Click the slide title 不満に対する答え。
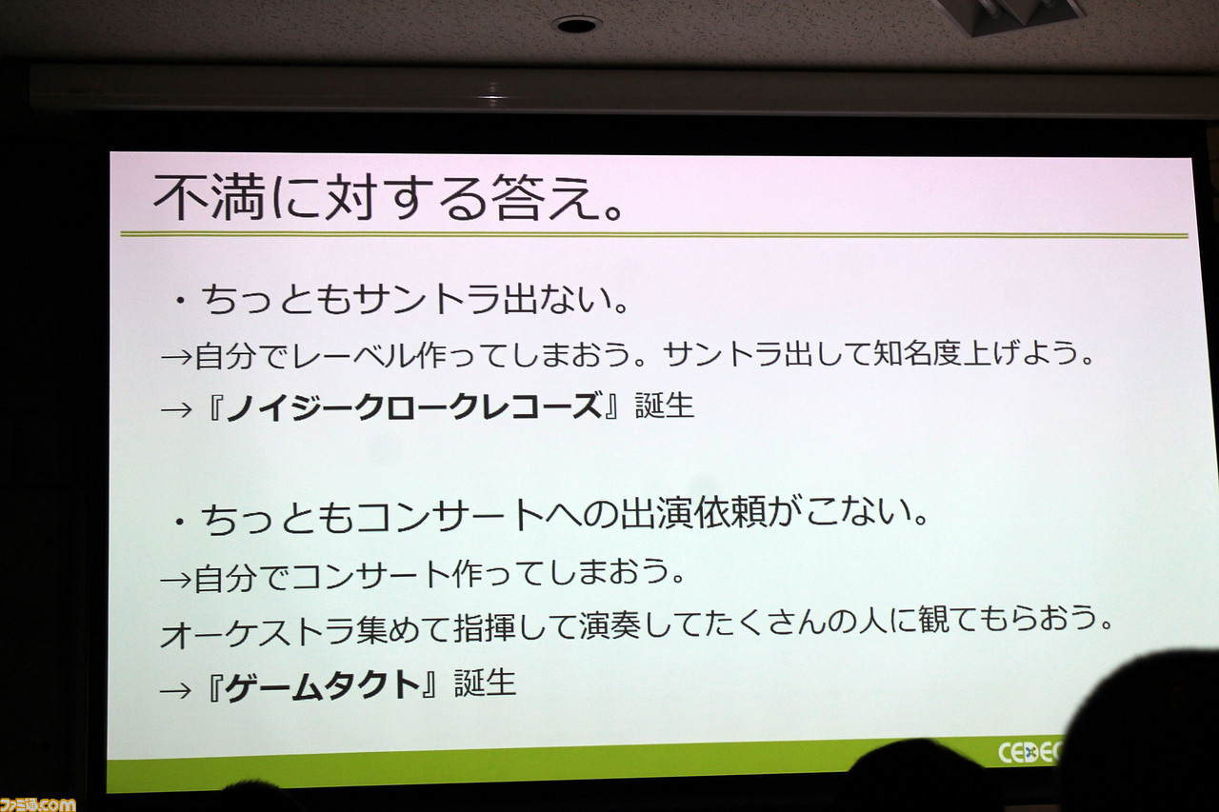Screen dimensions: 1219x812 388,198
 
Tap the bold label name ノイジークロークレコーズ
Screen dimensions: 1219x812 414,406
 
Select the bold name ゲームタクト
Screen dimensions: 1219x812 324,686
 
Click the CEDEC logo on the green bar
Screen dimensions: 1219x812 1029,753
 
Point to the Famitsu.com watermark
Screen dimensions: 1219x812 37,803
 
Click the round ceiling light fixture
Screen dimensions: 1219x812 576,25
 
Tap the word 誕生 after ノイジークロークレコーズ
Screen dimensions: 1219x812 665,406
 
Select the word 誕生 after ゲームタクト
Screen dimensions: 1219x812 485,683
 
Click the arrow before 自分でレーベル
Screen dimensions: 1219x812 177,357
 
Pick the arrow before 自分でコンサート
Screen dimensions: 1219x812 176,581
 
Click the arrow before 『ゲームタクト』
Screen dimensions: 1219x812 175,691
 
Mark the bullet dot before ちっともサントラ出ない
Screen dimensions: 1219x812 180,302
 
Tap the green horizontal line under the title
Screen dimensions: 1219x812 653,235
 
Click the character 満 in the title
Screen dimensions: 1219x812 238,197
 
